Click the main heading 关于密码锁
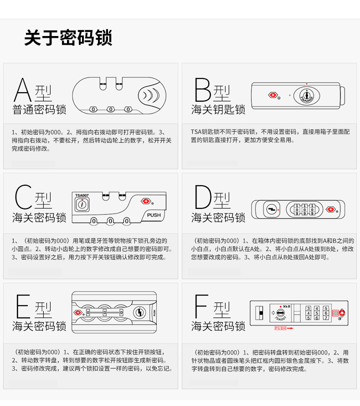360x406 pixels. (68, 38)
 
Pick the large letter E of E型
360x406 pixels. (23, 306)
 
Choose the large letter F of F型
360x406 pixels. (201, 306)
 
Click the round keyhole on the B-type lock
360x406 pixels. (307, 96)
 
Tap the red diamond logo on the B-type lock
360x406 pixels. (273, 95)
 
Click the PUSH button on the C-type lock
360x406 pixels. (154, 215)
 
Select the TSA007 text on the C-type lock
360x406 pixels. (82, 195)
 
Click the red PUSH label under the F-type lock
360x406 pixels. (280, 328)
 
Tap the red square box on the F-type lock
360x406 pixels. (335, 313)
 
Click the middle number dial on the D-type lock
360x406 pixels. (305, 209)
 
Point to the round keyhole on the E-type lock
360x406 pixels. (139, 312)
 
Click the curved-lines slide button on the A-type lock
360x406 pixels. (152, 95)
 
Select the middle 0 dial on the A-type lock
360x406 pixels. (111, 109)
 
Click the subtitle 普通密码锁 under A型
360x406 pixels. (39, 109)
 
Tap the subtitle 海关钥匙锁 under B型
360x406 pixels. (218, 109)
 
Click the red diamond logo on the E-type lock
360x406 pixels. (77, 312)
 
